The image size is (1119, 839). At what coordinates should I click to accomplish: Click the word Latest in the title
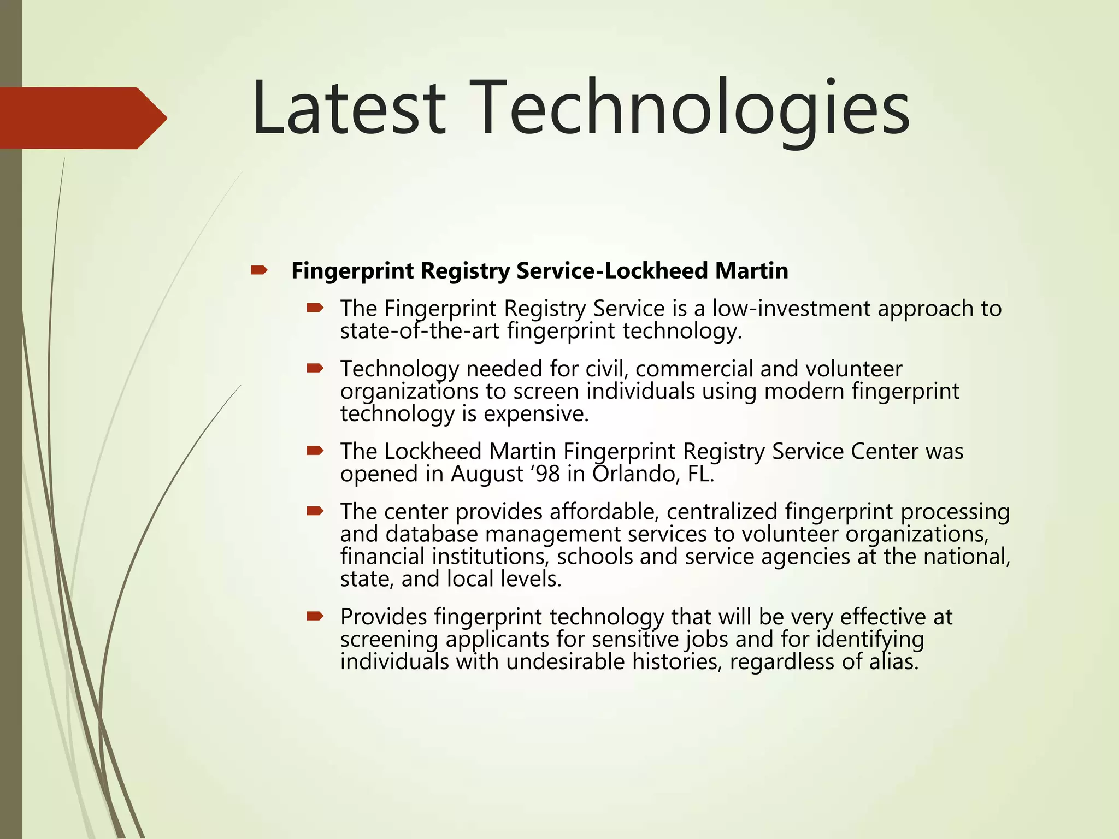click(349, 108)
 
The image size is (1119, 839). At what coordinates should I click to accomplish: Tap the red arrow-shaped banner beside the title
click(82, 118)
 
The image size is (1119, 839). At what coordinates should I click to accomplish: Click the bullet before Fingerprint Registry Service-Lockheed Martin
click(258, 270)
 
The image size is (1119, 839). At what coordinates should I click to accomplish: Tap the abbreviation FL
click(700, 474)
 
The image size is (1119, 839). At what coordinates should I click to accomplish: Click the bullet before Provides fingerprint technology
click(315, 617)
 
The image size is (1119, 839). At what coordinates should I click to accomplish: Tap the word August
click(487, 474)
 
